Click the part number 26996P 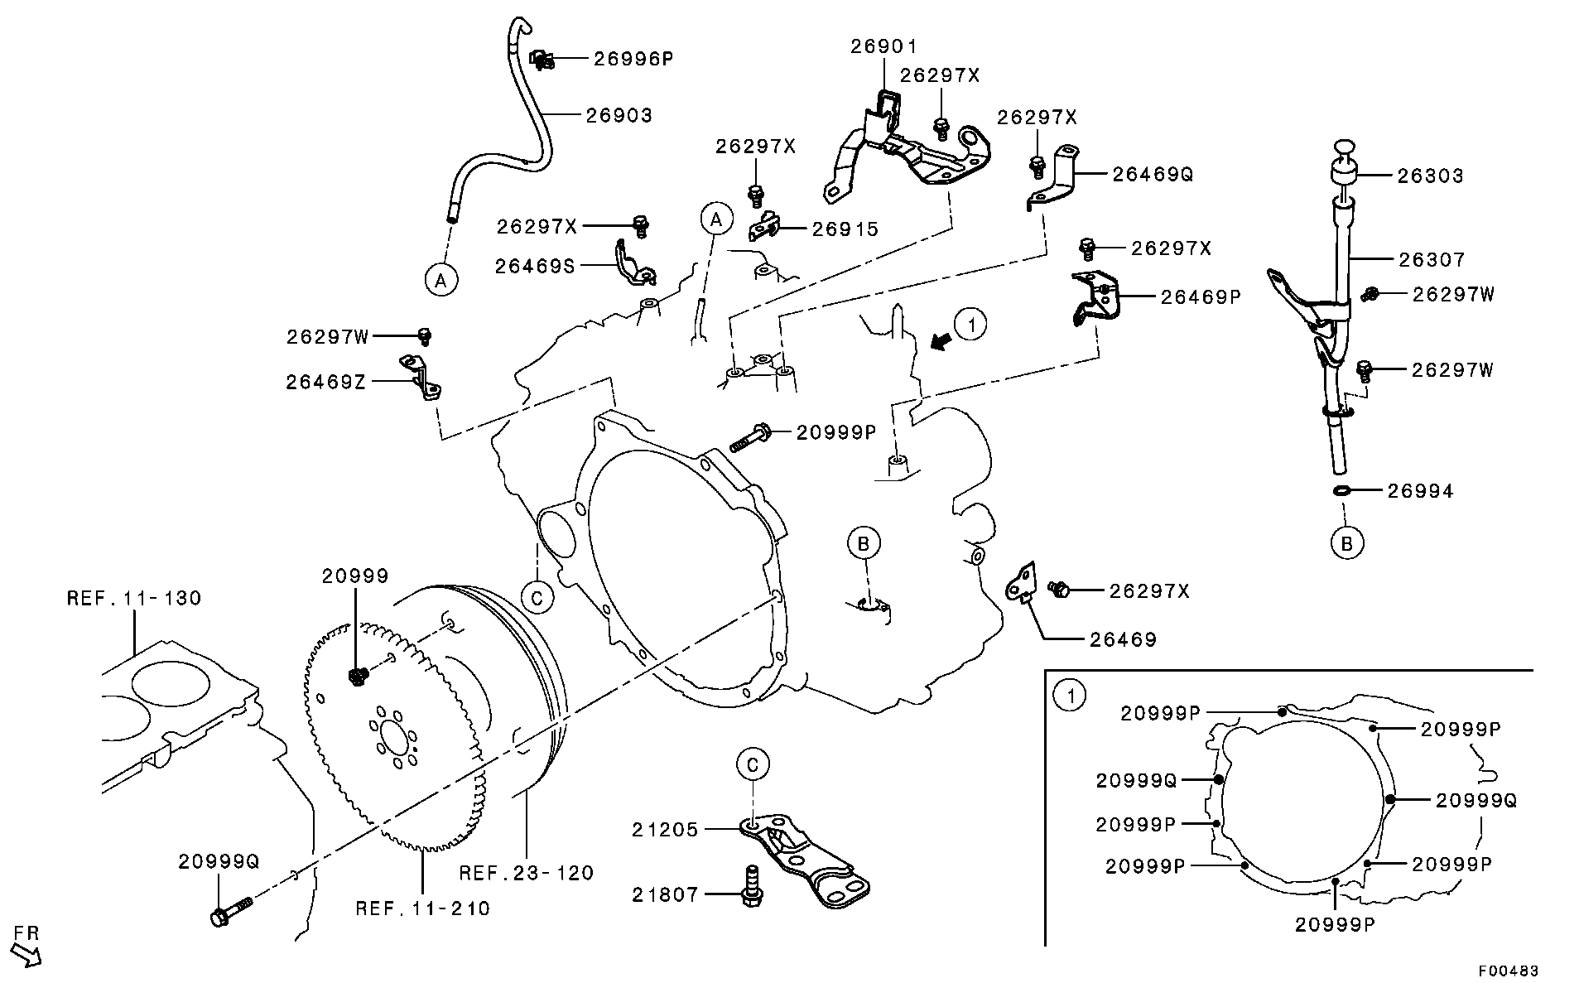pos(633,59)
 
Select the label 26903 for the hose pos(619,116)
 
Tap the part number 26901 pos(884,47)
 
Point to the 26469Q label pos(1153,175)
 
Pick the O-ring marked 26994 pos(1343,491)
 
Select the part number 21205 pos(666,829)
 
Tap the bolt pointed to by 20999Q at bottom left pos(233,909)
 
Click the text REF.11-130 pos(134,598)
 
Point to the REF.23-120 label pos(527,873)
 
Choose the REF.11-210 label pos(423,908)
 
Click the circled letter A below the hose pos(441,280)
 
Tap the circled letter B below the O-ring pos(1347,543)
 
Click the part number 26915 pos(845,229)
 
